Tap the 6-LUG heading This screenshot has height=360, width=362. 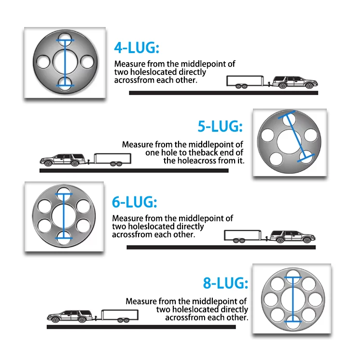tap(134, 202)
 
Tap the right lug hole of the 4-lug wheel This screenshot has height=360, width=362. tap(87, 61)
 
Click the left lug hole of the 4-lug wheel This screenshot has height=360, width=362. tap(42, 61)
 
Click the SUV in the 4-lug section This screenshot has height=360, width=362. tap(292, 82)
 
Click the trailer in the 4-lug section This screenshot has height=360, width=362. tap(246, 82)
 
